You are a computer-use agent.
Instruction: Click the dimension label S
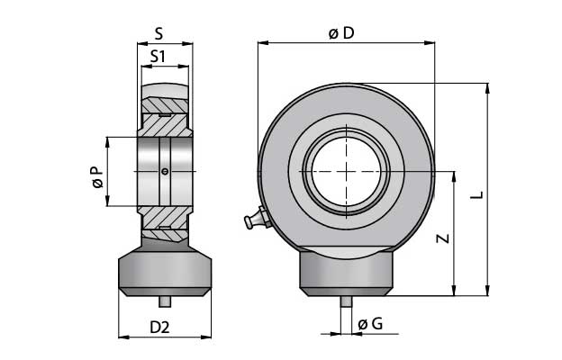coord(159,34)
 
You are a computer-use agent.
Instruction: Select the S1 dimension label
coord(159,57)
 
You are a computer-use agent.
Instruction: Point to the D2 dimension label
coord(159,327)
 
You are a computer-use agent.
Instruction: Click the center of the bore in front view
coord(346,171)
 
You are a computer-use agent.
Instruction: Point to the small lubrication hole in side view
coord(164,171)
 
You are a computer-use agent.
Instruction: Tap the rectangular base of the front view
coord(346,270)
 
